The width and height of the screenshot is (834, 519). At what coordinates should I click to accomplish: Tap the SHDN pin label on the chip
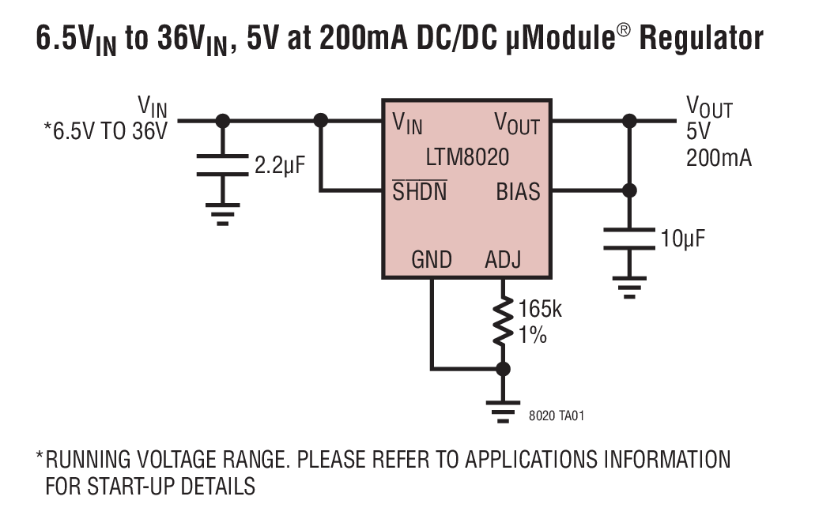420,191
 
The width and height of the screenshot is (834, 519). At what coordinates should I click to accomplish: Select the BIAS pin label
518,191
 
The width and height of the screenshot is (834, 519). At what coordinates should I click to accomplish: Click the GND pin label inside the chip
432,260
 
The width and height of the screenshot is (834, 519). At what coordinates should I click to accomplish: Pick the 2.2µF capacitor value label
279,167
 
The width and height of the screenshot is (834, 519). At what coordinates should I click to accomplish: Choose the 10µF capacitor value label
682,238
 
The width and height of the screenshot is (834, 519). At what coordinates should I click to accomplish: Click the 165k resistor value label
540,309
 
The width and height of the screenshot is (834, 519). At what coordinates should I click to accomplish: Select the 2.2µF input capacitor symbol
223,167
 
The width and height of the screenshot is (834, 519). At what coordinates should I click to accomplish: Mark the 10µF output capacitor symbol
629,238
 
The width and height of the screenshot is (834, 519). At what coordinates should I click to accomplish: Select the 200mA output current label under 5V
719,157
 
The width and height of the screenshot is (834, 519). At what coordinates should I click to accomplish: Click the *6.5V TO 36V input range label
106,131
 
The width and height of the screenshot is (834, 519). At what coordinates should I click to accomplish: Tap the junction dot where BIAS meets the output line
629,190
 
